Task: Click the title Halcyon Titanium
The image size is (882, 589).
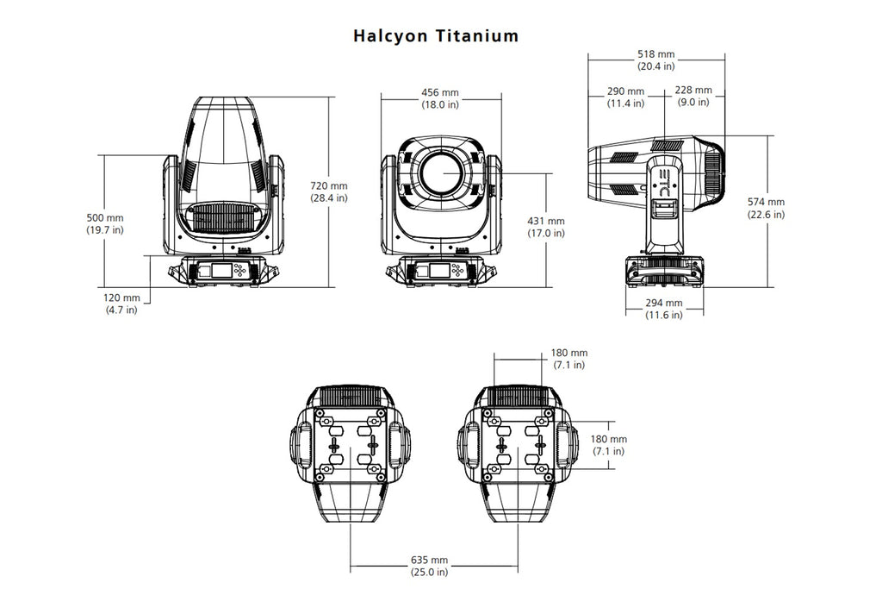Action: coord(436,36)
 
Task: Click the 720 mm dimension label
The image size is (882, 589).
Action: coord(329,185)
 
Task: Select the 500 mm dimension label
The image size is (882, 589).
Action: coord(105,217)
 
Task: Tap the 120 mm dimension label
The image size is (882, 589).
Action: coord(121,297)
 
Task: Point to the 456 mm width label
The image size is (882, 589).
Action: coord(439,92)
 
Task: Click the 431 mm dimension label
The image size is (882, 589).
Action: coord(545,221)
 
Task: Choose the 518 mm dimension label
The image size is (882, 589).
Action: coord(655,53)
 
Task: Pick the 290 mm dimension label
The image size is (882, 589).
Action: coord(625,91)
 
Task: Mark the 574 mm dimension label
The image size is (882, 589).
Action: coord(766,203)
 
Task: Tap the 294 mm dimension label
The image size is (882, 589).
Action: coord(664,303)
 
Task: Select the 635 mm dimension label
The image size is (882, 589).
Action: coord(429,560)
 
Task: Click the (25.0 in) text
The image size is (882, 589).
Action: coord(429,572)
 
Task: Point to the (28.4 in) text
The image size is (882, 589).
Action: coord(329,197)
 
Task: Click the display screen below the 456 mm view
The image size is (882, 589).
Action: coord(435,271)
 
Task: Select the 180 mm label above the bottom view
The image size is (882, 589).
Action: coord(569,353)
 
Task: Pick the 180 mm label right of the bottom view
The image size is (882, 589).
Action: coord(608,439)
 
